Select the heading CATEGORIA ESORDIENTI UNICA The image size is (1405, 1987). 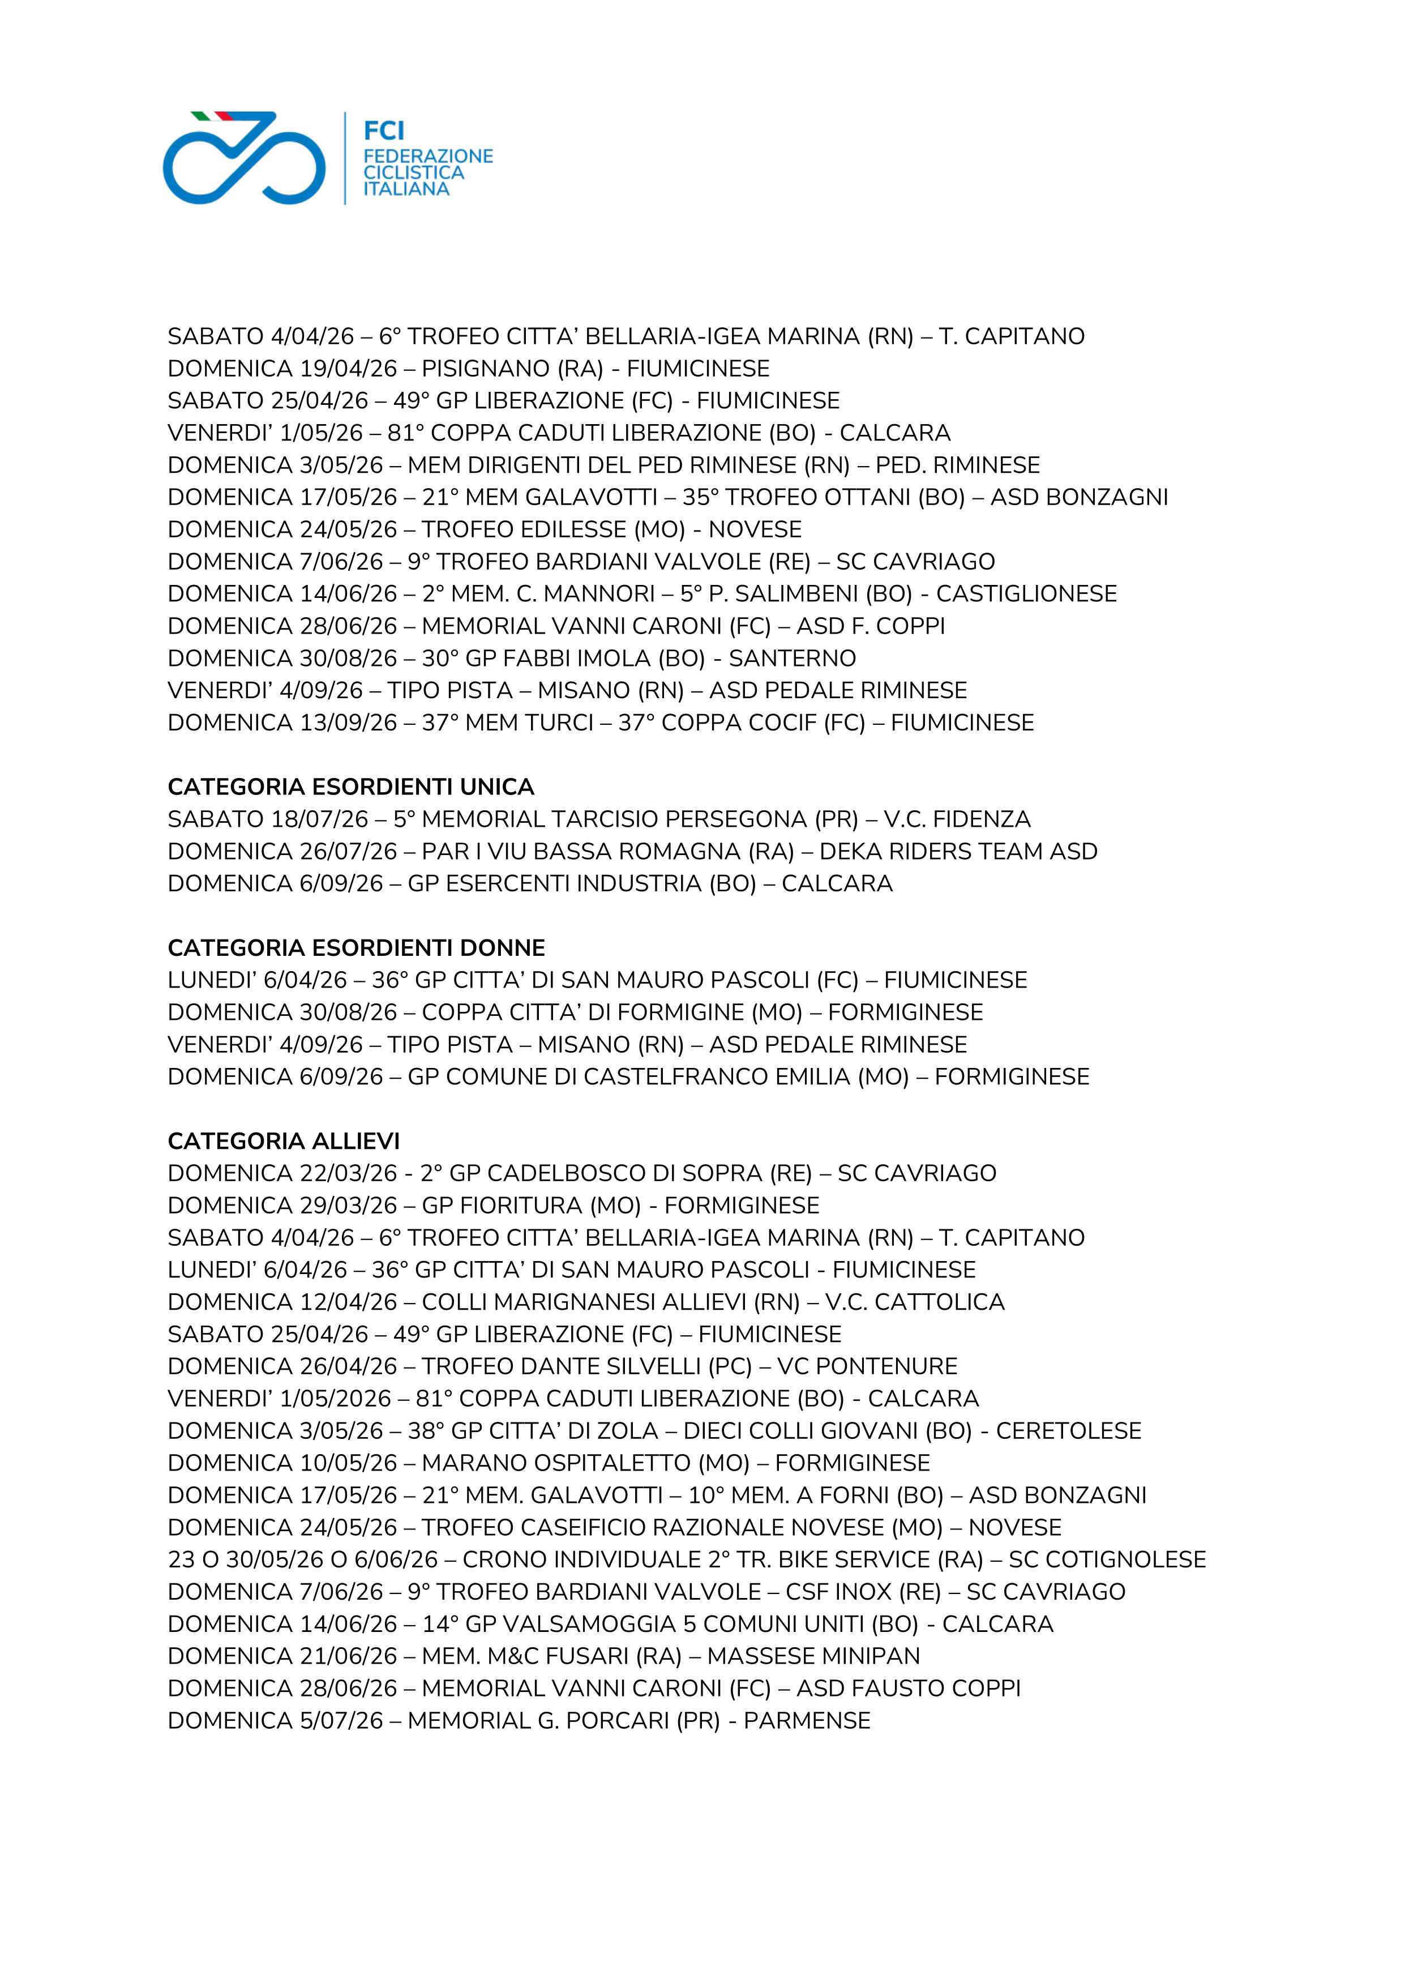350,787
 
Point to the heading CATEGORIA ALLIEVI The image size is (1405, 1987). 284,1140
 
